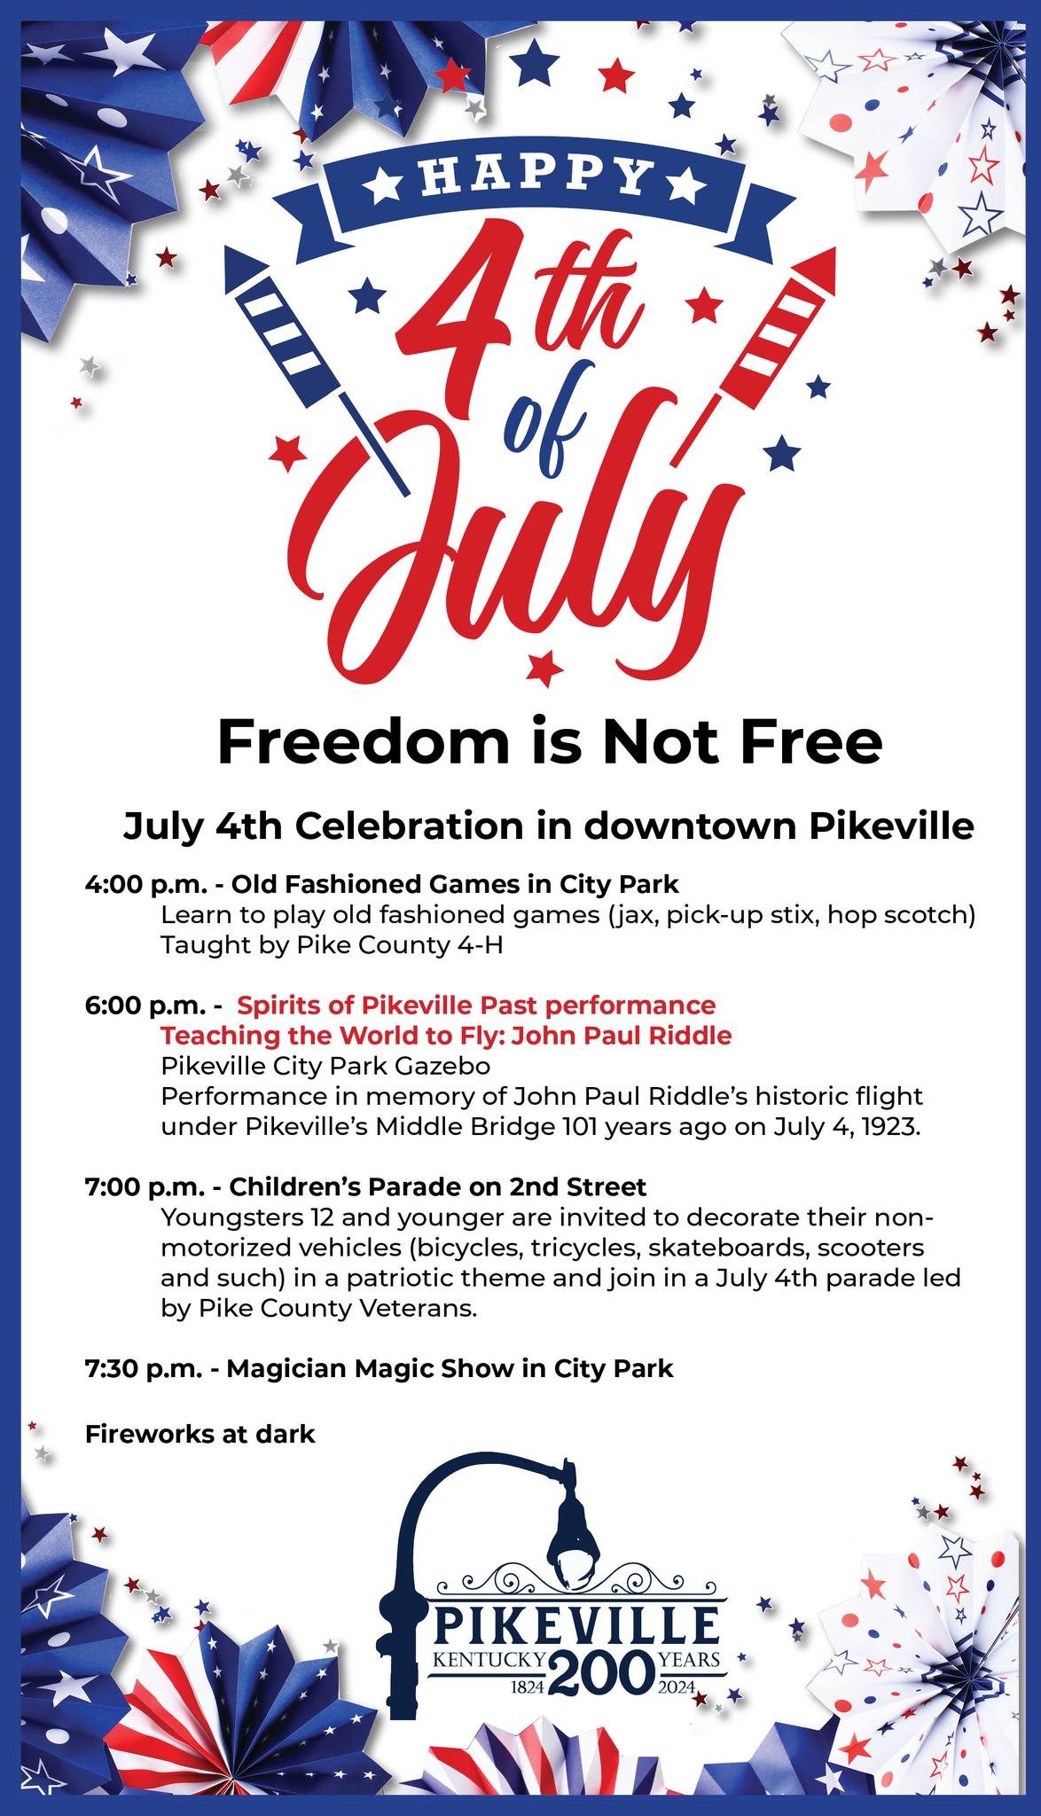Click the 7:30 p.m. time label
(144, 1368)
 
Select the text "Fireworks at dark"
(200, 1433)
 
